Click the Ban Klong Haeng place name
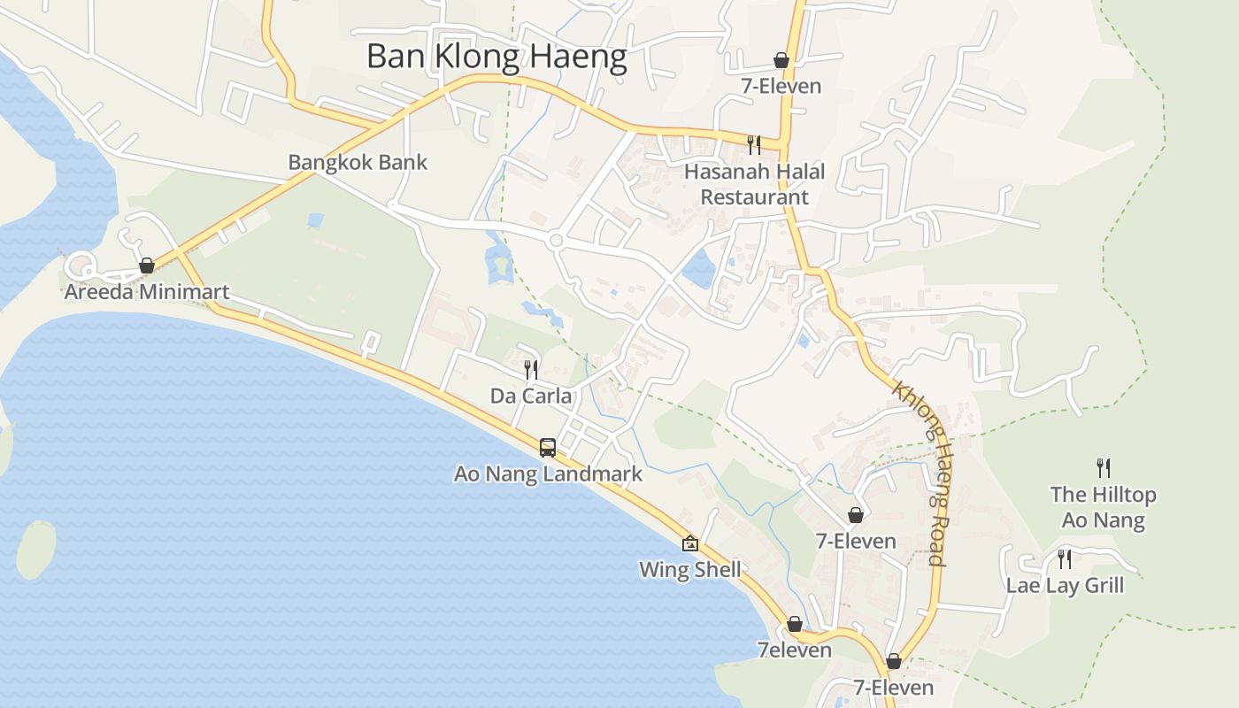496,57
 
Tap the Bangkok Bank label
358,162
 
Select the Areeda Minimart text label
147,291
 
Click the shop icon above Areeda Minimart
147,265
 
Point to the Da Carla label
531,396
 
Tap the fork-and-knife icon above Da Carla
531,369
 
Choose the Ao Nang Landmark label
548,473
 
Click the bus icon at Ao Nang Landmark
548,448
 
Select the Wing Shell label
690,569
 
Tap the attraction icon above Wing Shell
690,543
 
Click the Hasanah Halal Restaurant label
755,184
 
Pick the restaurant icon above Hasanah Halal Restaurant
754,144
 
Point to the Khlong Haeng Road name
921,473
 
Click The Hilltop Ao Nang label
1103,506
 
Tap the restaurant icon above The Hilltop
1103,467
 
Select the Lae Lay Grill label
1065,585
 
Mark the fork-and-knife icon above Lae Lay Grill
1065,558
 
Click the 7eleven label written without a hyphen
795,650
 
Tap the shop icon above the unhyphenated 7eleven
795,625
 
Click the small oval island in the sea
35,550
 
